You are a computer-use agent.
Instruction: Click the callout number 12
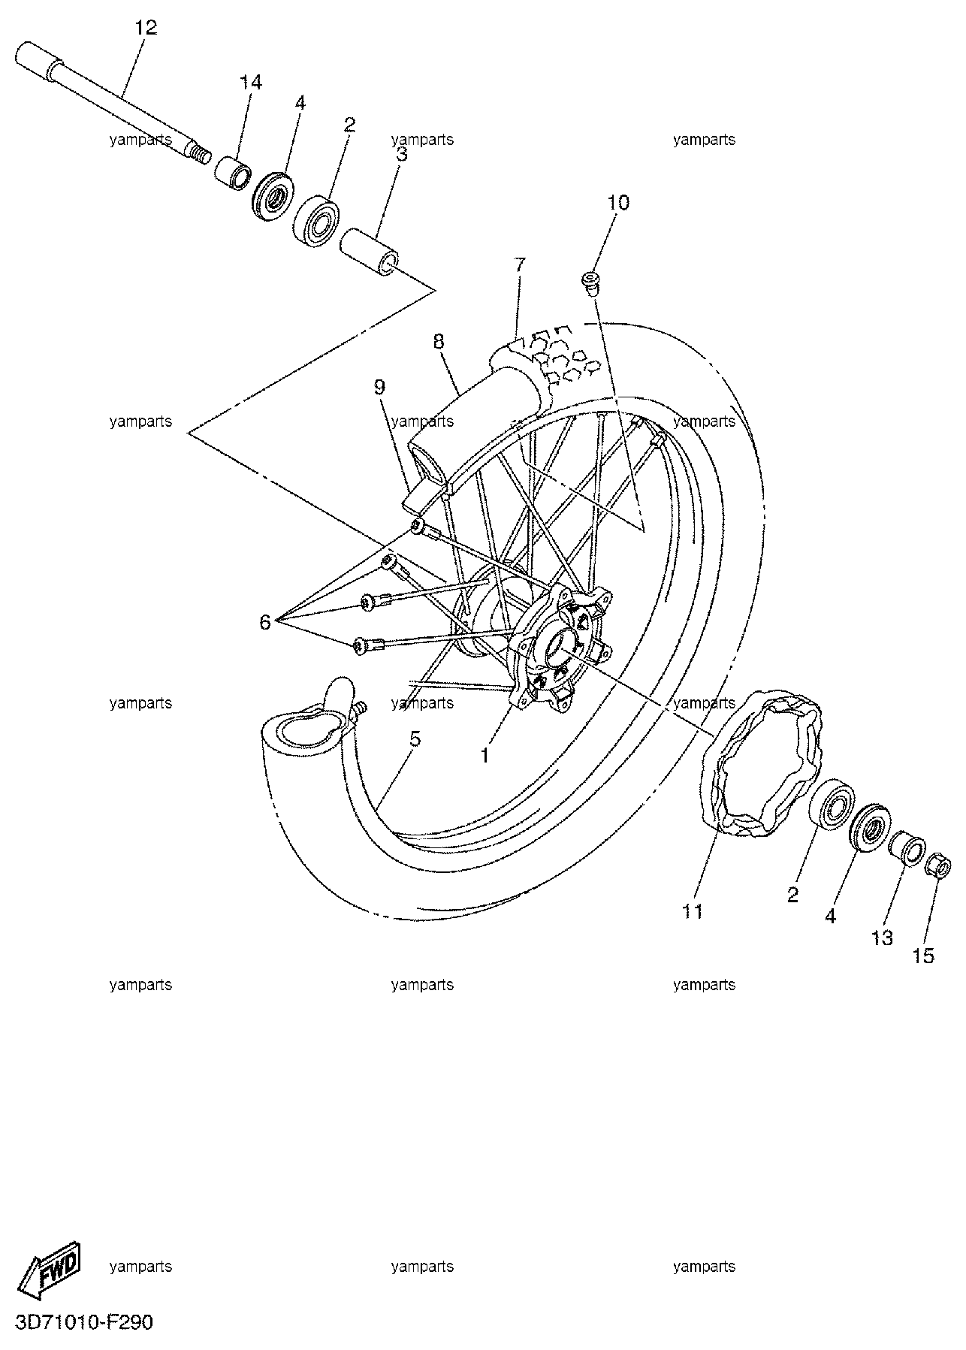point(146,28)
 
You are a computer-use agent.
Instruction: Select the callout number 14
point(251,82)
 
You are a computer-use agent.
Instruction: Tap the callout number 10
point(619,202)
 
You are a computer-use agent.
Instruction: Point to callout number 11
point(692,911)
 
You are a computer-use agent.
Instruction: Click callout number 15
point(924,956)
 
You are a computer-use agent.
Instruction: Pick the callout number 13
point(882,938)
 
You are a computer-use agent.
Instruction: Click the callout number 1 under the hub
point(485,754)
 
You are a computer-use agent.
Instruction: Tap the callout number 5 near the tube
point(415,738)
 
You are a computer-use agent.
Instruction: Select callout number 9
point(379,387)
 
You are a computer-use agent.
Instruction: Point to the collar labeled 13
point(907,850)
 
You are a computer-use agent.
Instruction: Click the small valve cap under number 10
point(590,283)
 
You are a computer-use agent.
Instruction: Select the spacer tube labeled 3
point(370,251)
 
